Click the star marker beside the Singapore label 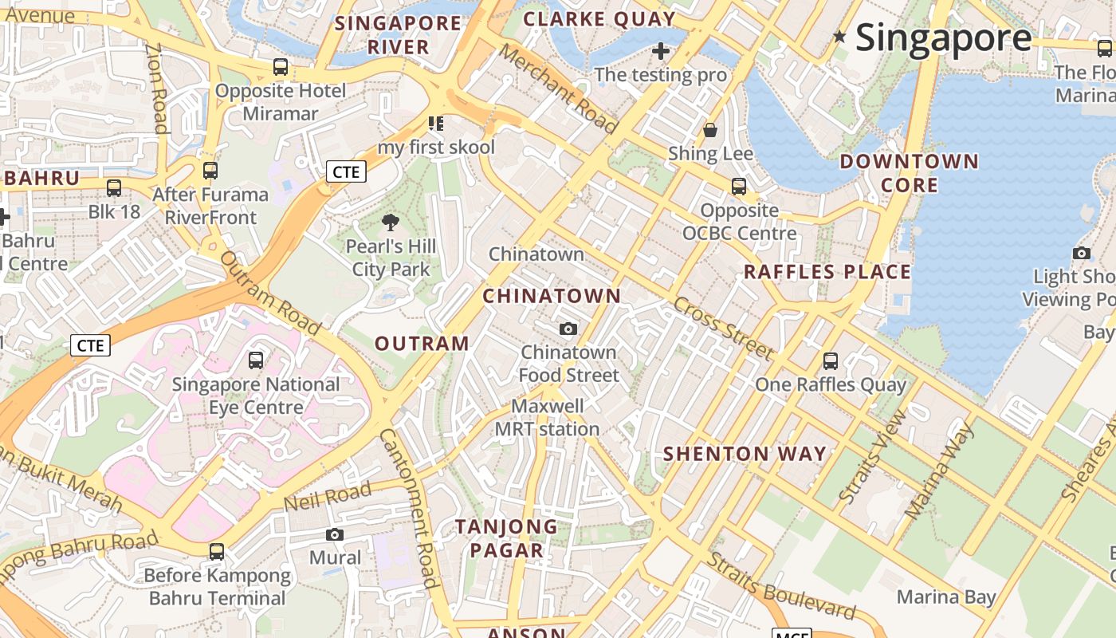point(839,36)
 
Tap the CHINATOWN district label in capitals point(552,296)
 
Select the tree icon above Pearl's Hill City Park point(390,223)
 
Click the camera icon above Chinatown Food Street point(568,329)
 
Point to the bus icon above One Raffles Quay point(831,360)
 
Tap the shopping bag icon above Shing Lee point(710,129)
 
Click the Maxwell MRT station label point(547,418)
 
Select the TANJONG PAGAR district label point(506,538)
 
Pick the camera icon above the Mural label point(335,534)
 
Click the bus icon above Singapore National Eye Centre point(256,360)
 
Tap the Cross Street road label point(723,329)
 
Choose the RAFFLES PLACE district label point(827,272)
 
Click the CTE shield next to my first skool point(346,171)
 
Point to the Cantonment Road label point(408,507)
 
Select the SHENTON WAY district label point(745,454)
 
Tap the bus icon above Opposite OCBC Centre point(739,187)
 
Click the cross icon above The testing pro point(660,52)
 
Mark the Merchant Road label point(558,89)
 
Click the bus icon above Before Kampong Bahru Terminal point(217,551)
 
